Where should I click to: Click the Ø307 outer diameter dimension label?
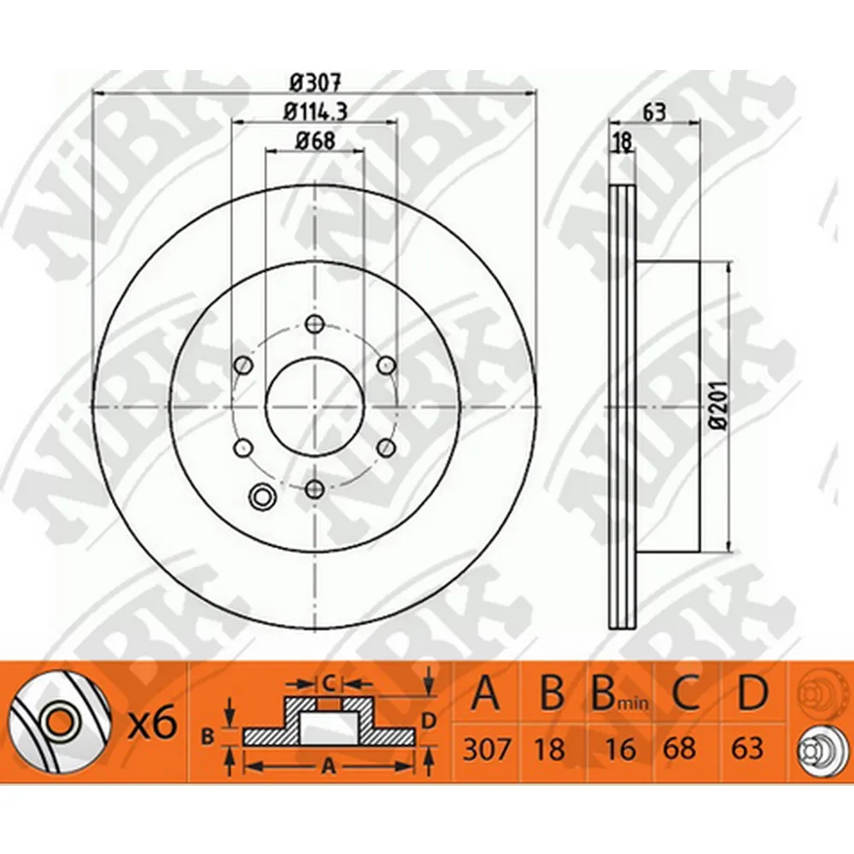pyautogui.click(x=315, y=84)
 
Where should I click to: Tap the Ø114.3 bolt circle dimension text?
pyautogui.click(x=315, y=112)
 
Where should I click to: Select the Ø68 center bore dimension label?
pyautogui.click(x=315, y=141)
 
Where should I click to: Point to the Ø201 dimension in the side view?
pyautogui.click(x=719, y=407)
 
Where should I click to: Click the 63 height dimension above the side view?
pyautogui.click(x=654, y=112)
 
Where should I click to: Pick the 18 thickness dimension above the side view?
pyautogui.click(x=622, y=141)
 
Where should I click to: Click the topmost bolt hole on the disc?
pyautogui.click(x=314, y=325)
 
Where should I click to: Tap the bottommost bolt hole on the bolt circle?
pyautogui.click(x=315, y=488)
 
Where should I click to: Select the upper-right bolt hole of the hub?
pyautogui.click(x=386, y=365)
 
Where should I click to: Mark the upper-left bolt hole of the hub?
pyautogui.click(x=243, y=365)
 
